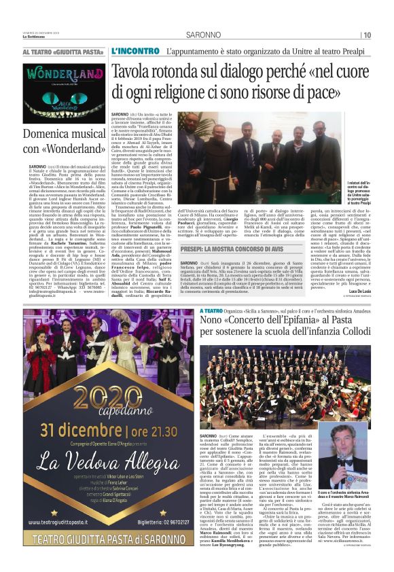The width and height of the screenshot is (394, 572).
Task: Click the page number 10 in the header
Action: click(385, 35)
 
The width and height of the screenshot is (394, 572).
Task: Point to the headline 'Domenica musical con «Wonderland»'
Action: click(64, 141)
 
